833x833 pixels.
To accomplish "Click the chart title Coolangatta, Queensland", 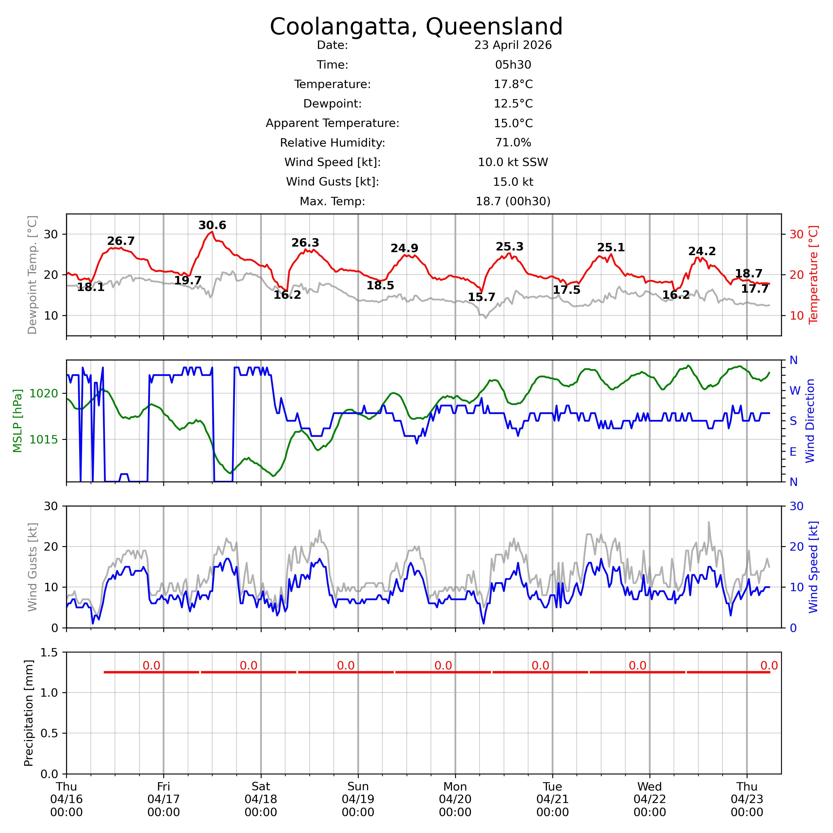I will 416,27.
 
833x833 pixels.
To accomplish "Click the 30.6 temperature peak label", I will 212,225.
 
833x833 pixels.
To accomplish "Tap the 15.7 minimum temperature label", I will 481,297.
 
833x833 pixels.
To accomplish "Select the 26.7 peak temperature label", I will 121,241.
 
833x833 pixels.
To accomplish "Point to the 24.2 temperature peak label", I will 702,251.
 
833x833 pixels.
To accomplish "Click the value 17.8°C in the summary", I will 513,84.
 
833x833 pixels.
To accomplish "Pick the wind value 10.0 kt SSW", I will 513,162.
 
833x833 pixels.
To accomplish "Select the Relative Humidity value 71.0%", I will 513,143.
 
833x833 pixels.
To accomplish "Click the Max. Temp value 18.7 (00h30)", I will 513,201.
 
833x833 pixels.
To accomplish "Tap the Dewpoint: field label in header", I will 332,104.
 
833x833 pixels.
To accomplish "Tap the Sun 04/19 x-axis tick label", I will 358,799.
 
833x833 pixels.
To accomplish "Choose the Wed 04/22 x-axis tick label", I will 650,799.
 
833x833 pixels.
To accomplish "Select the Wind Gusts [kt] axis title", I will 32,567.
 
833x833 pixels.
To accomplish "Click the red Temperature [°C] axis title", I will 813,275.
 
